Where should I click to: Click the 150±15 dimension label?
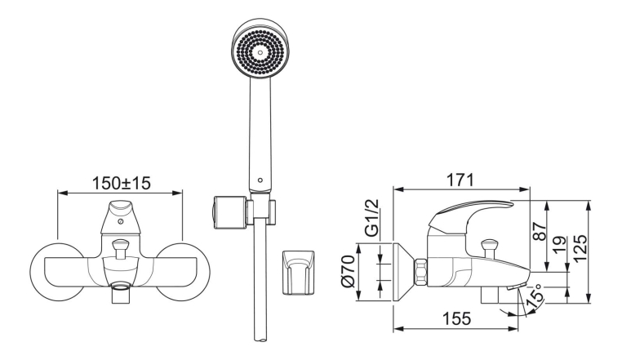(122, 183)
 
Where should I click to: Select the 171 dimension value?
(460, 180)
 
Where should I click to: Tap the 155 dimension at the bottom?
(457, 318)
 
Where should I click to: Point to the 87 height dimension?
(540, 231)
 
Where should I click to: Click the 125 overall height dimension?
(580, 248)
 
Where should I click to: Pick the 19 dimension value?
(560, 245)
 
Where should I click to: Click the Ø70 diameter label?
(347, 271)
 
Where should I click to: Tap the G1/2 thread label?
(371, 218)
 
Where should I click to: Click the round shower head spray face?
(260, 51)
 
